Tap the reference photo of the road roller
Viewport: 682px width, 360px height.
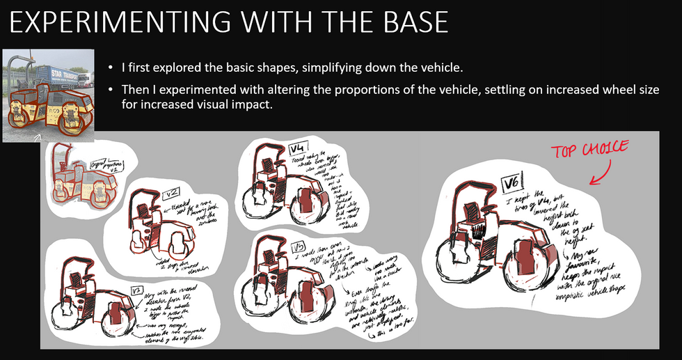point(49,95)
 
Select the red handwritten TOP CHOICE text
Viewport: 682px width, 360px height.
point(589,150)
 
